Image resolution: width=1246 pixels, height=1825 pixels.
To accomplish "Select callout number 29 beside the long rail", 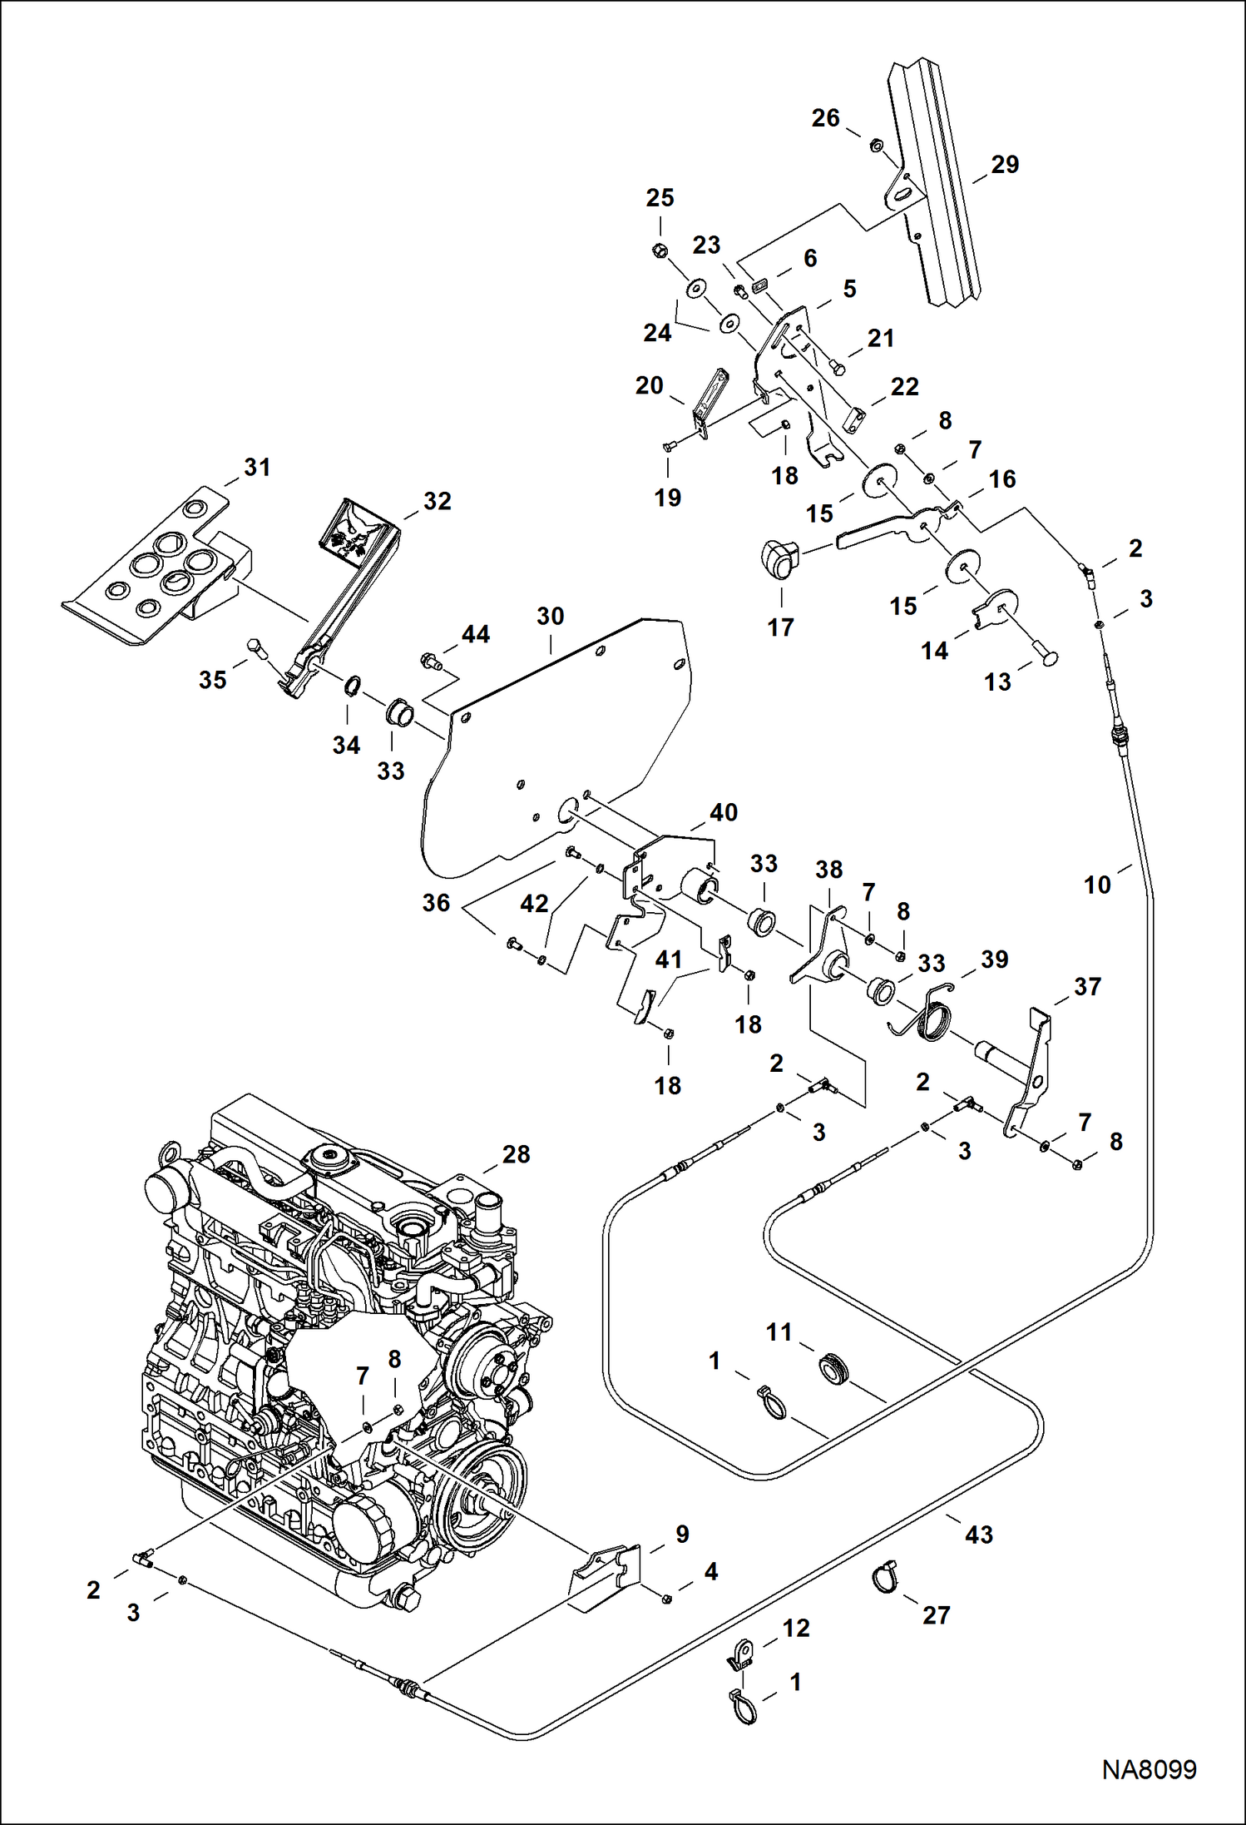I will (1005, 165).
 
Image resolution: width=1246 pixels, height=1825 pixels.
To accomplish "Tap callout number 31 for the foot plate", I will (257, 468).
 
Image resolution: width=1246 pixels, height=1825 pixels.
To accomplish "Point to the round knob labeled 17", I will (779, 558).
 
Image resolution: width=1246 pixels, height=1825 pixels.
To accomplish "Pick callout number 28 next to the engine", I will (516, 1154).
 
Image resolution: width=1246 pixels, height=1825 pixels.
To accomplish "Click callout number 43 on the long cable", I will (978, 1534).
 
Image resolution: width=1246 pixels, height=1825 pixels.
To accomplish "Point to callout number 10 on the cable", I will (1097, 885).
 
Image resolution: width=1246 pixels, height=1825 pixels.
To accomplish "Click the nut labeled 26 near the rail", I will (875, 145).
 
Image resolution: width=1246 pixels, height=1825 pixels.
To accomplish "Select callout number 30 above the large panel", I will (550, 617).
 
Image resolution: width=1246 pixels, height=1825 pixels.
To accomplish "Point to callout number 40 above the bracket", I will (723, 812).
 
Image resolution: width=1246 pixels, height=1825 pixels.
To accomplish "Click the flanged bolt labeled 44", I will (429, 662).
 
